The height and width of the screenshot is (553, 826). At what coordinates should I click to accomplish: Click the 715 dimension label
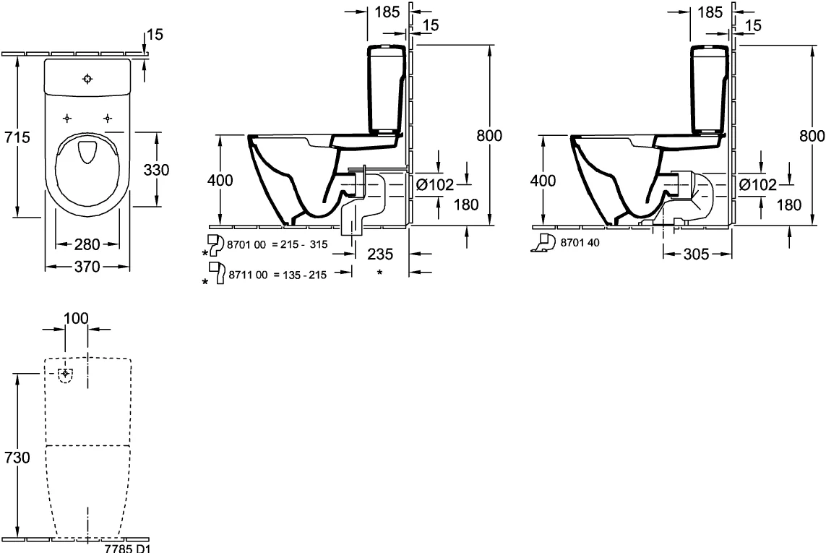click(17, 137)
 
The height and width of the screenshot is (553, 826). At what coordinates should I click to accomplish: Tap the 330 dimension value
click(156, 170)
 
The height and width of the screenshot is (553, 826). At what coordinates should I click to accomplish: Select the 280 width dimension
click(87, 244)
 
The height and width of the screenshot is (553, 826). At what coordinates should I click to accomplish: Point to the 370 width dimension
click(87, 267)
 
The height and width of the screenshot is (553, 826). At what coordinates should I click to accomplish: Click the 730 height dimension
click(17, 458)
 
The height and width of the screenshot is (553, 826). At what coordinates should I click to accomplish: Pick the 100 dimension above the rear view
click(76, 318)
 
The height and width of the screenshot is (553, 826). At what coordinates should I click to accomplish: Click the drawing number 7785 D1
click(127, 548)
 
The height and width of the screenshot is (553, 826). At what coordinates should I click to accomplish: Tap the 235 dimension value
click(380, 254)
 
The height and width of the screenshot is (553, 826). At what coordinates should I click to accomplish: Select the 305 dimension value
click(697, 254)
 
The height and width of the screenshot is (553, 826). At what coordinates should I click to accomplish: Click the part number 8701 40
click(580, 242)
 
